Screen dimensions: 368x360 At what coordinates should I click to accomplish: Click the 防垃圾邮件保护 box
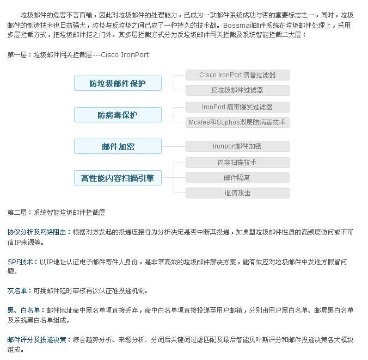(x=118, y=83)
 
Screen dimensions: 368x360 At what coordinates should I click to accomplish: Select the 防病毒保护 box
(x=118, y=115)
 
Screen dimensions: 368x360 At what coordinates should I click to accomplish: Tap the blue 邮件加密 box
(x=118, y=146)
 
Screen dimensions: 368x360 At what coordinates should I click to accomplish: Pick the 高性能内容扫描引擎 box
(x=118, y=178)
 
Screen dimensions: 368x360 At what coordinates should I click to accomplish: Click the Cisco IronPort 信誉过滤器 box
(x=237, y=75)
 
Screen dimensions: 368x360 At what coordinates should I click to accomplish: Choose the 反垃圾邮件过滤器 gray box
(x=237, y=90)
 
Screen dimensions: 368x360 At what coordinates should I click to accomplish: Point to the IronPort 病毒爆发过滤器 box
(x=237, y=107)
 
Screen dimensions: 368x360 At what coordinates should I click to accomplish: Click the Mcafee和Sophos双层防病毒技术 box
(x=237, y=122)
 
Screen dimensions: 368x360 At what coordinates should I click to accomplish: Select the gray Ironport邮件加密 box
(x=237, y=146)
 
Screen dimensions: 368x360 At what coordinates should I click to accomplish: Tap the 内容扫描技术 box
(x=237, y=163)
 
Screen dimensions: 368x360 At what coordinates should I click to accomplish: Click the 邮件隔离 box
(x=237, y=178)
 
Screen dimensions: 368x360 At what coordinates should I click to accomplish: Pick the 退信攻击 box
(x=237, y=193)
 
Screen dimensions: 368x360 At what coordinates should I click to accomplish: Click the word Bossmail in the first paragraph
(x=238, y=26)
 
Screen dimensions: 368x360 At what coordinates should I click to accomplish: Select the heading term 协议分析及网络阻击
(x=36, y=232)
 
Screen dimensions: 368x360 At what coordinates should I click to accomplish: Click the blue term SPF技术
(x=20, y=262)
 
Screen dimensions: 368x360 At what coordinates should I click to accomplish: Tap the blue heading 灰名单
(x=17, y=291)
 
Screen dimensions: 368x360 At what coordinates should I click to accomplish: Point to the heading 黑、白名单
(x=24, y=311)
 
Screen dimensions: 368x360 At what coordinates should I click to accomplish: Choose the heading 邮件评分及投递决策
(x=36, y=340)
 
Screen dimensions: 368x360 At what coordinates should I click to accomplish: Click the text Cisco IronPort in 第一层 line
(x=125, y=55)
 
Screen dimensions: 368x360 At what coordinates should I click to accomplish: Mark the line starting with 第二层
(x=56, y=213)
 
